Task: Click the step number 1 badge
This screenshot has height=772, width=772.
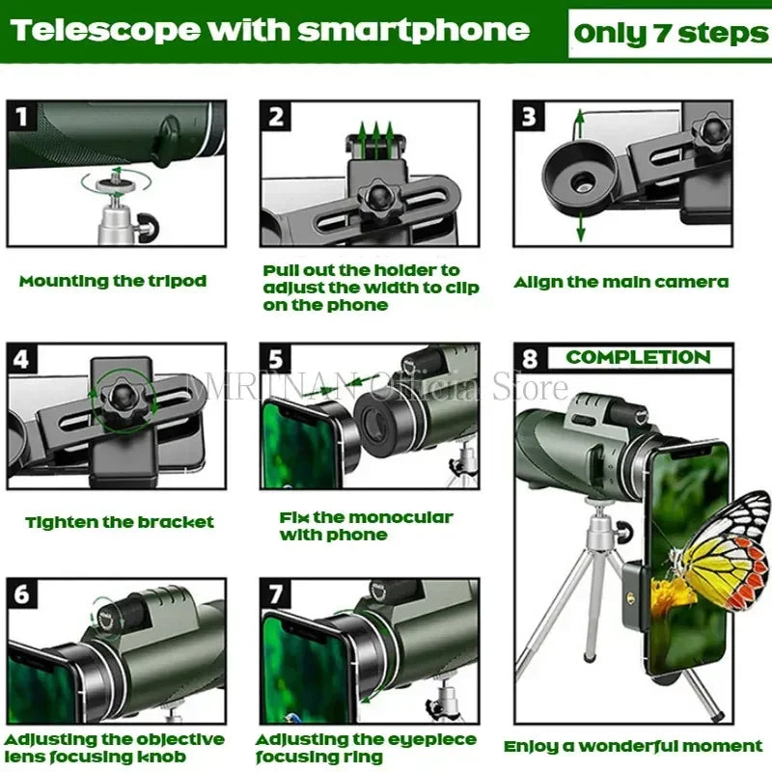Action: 23,117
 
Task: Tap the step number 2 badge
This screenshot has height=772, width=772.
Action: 277,117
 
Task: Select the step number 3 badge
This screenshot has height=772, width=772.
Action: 529,117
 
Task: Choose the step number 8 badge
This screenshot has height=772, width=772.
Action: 529,359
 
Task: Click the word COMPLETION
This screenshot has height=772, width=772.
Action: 638,357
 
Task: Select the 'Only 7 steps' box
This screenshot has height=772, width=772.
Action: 670,34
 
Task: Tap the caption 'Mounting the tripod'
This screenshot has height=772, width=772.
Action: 113,282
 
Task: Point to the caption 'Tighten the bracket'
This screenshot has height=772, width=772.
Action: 120,522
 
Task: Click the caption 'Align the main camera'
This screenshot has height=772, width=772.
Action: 620,283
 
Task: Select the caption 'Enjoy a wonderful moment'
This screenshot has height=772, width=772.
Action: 633,746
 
